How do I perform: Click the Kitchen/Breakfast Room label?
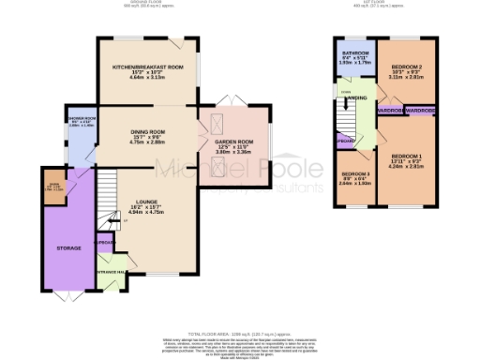(148, 68)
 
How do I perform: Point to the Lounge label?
(145, 202)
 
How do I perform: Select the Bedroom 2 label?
(407, 68)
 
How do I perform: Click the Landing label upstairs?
(357, 97)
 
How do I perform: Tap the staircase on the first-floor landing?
(348, 117)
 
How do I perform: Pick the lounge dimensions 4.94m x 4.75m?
(145, 213)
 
